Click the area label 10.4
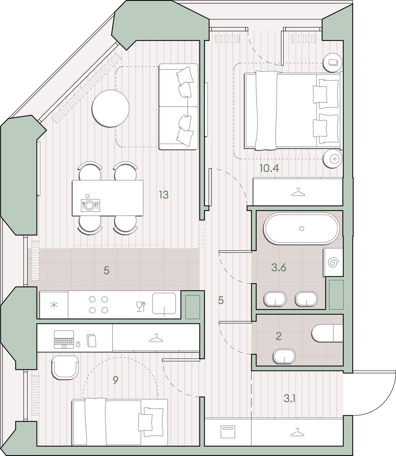pyautogui.click(x=269, y=168)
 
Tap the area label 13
pyautogui.click(x=164, y=195)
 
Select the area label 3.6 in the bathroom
pyautogui.click(x=279, y=267)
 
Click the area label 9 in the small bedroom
pyautogui.click(x=115, y=380)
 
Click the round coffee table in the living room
pyautogui.click(x=110, y=109)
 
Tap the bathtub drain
pyautogui.click(x=302, y=229)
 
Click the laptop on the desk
pyautogui.click(x=64, y=339)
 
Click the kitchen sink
pyautogui.click(x=164, y=303)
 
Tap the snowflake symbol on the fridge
pyautogui.click(x=54, y=305)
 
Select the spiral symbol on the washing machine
pyautogui.click(x=333, y=262)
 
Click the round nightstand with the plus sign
pyautogui.click(x=333, y=159)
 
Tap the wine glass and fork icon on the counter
pyautogui.click(x=141, y=306)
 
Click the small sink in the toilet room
pyautogui.click(x=284, y=356)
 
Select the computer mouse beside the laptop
pyautogui.click(x=78, y=344)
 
